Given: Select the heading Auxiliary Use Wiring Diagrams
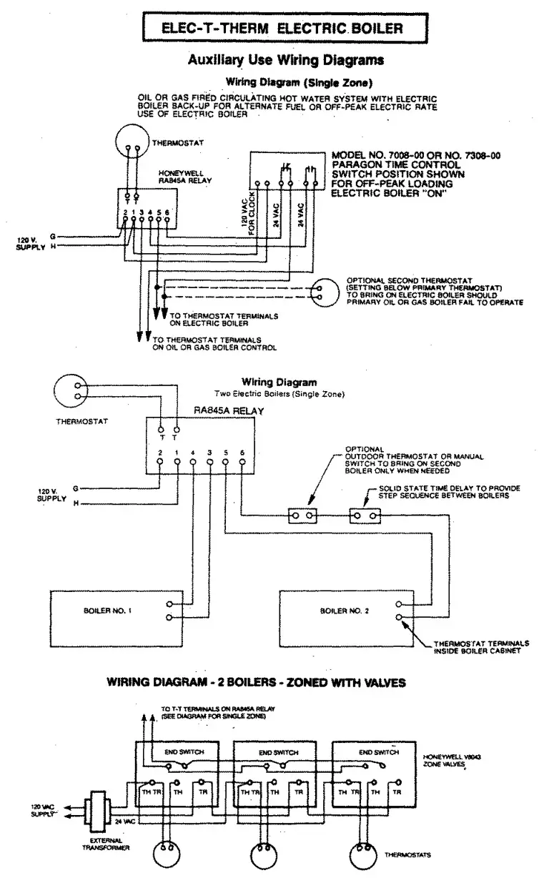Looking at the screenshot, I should (x=285, y=61).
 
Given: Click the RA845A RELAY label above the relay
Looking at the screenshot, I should (x=229, y=411).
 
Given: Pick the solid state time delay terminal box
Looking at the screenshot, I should (x=365, y=515).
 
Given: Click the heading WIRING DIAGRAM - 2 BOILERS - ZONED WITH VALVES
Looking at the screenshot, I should (x=256, y=682).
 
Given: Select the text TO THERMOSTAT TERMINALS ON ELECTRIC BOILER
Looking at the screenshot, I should (x=221, y=319).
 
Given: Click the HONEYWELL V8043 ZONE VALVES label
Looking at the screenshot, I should (x=444, y=759).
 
